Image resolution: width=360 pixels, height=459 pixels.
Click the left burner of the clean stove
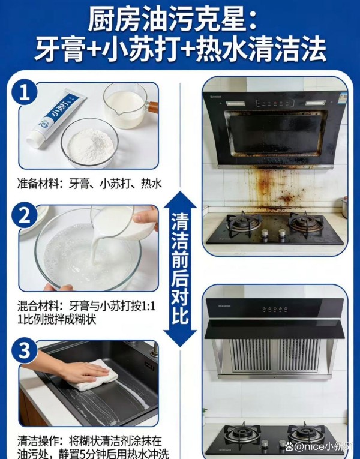pos(242,434)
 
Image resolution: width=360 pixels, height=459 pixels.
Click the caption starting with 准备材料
pos(91,184)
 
